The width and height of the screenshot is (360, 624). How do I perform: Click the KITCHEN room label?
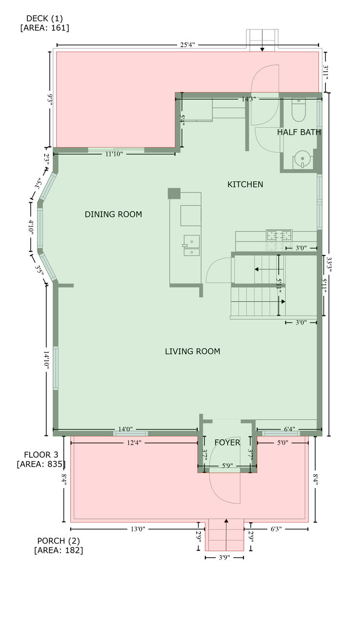point(245,184)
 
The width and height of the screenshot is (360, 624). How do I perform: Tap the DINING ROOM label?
point(113,214)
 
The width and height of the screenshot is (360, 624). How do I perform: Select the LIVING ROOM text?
point(193,351)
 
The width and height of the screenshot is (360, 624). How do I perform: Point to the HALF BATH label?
point(299,132)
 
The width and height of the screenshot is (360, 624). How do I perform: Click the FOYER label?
point(227,442)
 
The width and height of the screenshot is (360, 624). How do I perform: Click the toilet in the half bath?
point(299,110)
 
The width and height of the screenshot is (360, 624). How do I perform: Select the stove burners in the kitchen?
point(279,235)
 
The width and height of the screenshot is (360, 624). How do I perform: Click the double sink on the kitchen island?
point(191,245)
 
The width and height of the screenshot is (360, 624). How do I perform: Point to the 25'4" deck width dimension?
point(187,45)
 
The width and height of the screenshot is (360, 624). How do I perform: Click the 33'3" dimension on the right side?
point(329,264)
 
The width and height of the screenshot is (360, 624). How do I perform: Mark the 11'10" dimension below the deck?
point(114,154)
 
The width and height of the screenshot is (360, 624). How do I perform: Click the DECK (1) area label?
point(44,23)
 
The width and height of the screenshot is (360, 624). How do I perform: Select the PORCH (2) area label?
point(59,546)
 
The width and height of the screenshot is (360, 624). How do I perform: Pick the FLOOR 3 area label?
point(41,459)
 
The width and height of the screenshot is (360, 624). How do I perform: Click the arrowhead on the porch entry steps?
point(226,520)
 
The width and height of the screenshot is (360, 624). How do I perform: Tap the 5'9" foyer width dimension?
point(227,466)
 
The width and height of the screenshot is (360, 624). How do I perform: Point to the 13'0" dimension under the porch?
point(138,529)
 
